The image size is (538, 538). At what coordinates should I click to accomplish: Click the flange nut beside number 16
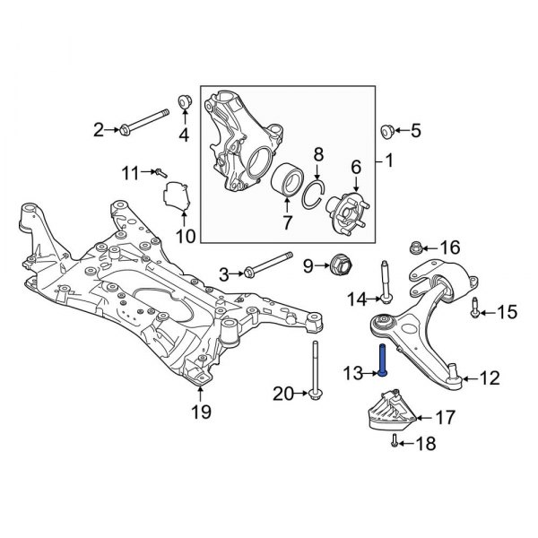tap(416, 247)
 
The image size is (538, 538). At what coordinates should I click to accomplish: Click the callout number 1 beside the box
tap(388, 162)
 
